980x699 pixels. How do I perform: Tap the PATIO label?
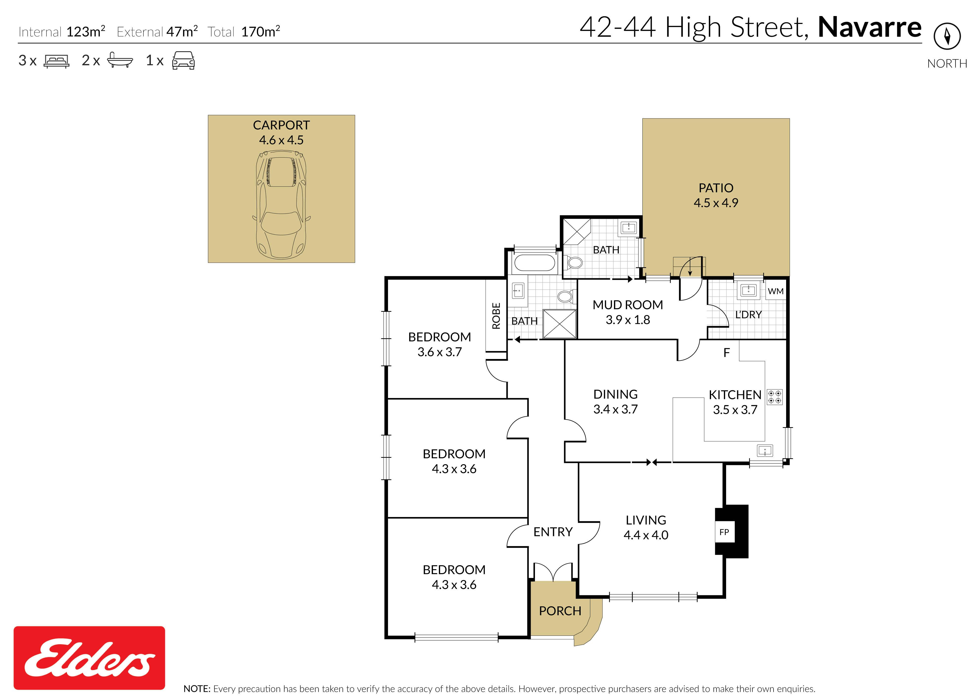pyautogui.click(x=716, y=188)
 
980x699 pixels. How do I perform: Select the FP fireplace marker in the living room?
pyautogui.click(x=724, y=532)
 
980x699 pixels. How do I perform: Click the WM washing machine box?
pyautogui.click(x=776, y=291)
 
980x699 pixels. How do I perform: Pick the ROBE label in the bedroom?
pyautogui.click(x=496, y=316)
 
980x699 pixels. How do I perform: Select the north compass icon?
pyautogui.click(x=947, y=36)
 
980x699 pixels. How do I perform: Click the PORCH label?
pyautogui.click(x=560, y=611)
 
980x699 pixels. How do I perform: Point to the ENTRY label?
pyautogui.click(x=553, y=532)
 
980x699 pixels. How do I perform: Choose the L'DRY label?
pyautogui.click(x=748, y=315)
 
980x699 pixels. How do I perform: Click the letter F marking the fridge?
pyautogui.click(x=726, y=353)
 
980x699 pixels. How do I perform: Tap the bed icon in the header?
pyautogui.click(x=56, y=61)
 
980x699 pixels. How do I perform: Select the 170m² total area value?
pyautogui.click(x=261, y=31)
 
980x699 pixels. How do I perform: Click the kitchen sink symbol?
pyautogui.click(x=765, y=451)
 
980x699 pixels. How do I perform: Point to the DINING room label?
pyautogui.click(x=615, y=394)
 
